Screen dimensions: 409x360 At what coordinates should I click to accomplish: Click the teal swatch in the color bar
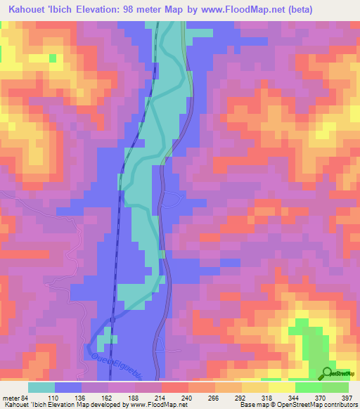click(x=41, y=387)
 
